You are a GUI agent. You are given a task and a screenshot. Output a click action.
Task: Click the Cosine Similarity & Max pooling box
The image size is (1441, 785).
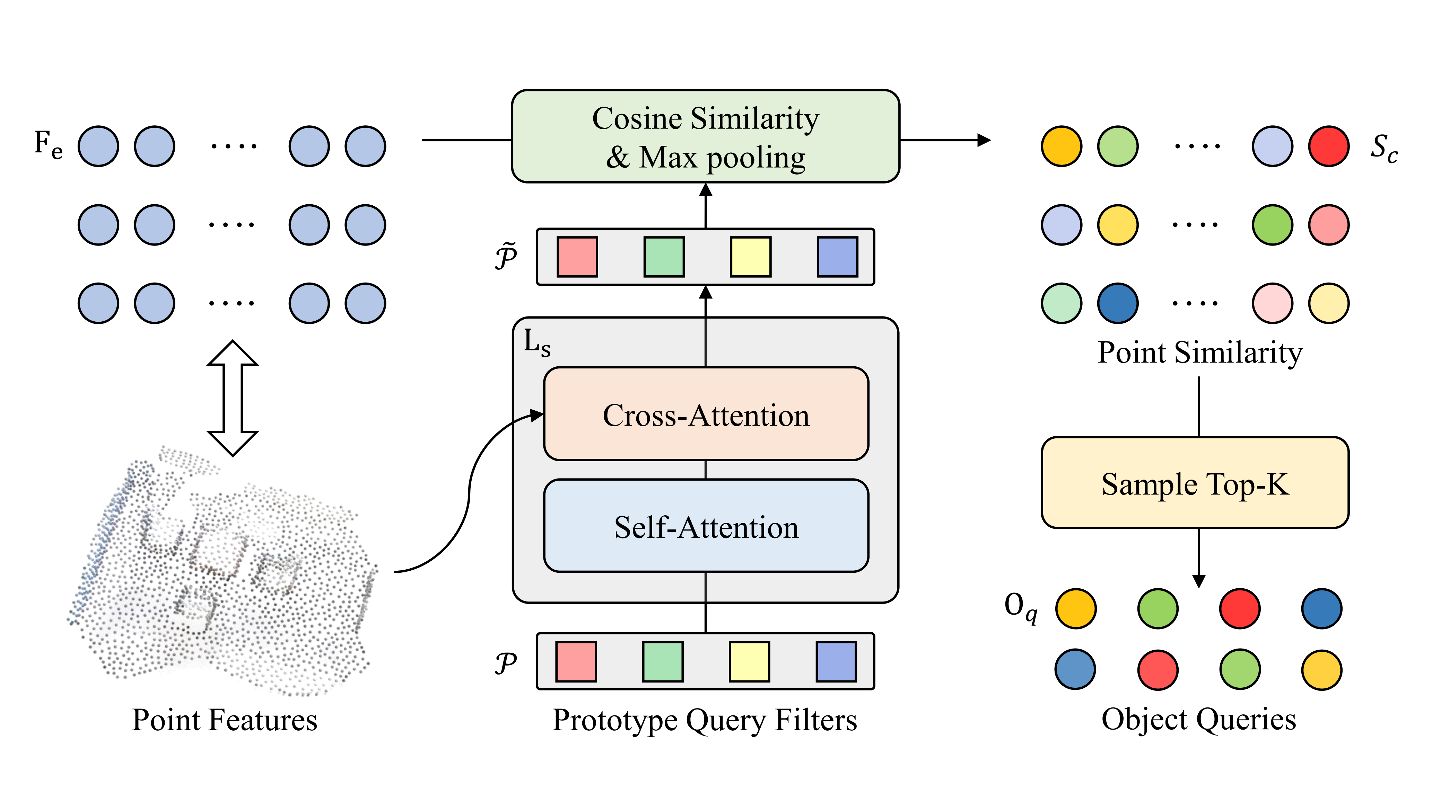705,136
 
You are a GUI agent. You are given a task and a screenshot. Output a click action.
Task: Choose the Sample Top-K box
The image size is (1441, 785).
1195,483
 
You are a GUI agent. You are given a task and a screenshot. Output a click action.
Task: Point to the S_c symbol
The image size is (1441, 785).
1383,148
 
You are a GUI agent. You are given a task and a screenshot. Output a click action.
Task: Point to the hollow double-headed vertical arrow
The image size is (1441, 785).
233,398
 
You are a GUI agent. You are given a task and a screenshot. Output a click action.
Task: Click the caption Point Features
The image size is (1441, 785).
224,720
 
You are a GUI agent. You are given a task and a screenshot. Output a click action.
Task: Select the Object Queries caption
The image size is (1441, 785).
1198,720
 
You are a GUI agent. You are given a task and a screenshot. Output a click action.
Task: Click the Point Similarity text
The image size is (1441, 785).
1199,353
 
